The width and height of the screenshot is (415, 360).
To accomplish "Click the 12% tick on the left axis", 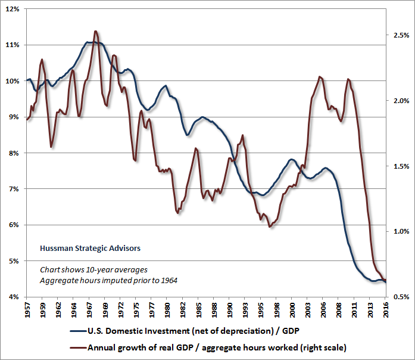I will coord(13,9).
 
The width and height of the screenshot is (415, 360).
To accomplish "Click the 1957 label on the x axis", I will coord(28,311).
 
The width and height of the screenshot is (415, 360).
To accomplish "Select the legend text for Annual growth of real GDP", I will coord(217,346).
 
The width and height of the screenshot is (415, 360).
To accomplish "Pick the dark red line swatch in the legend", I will coord(77,346).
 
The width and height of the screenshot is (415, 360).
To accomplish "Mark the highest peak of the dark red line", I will coord(95,31).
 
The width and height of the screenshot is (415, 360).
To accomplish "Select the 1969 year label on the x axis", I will coord(106,311).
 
